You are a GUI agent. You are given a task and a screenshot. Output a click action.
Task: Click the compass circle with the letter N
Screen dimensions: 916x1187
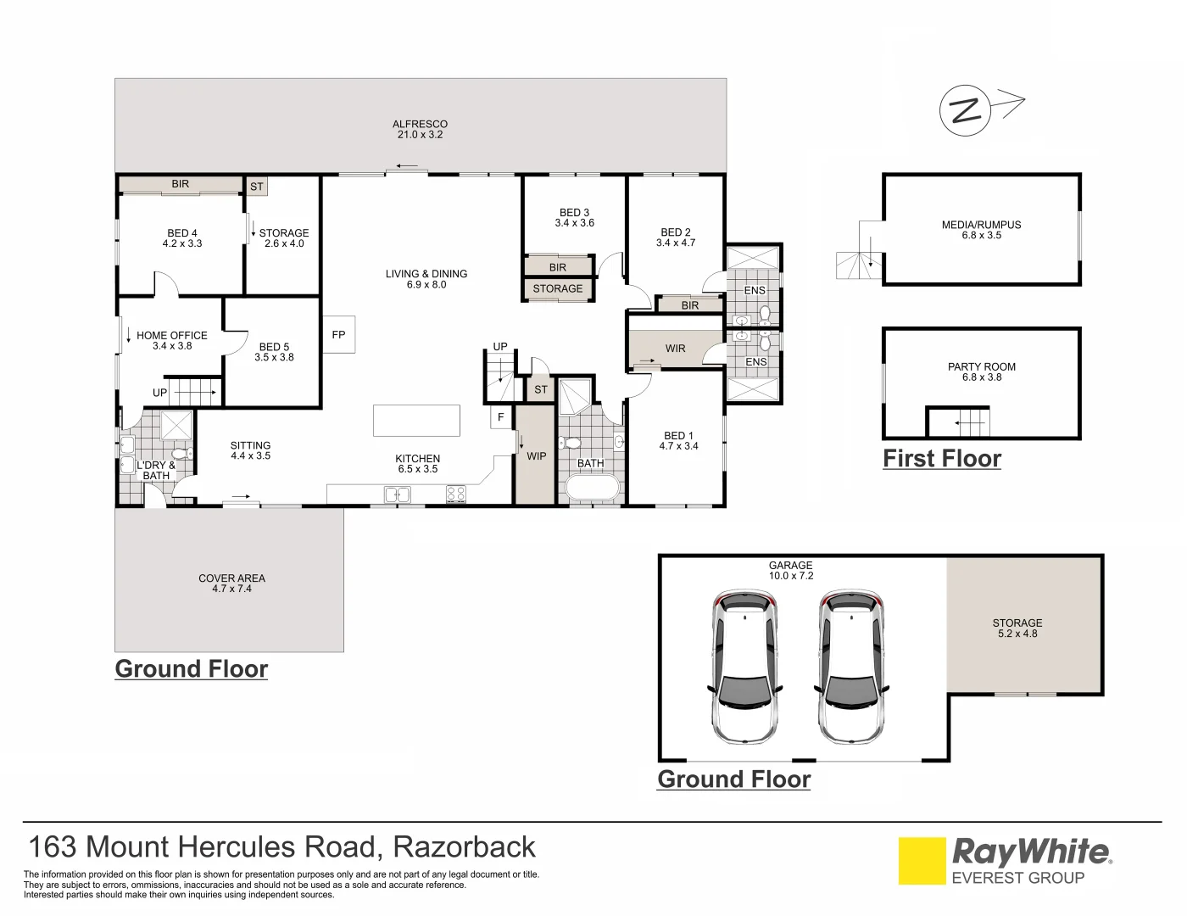(x=965, y=110)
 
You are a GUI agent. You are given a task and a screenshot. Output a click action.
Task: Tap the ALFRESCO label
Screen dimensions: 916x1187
(x=420, y=124)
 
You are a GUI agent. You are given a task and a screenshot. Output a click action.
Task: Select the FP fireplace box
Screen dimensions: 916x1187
(x=338, y=335)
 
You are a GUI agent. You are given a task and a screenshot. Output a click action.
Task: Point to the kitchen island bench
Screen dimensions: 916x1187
(x=416, y=421)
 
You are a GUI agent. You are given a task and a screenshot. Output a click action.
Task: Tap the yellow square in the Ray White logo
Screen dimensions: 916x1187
(x=922, y=861)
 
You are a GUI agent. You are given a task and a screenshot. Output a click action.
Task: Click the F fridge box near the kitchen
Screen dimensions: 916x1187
(x=501, y=417)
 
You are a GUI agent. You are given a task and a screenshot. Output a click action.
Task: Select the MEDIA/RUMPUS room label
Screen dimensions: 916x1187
(x=981, y=225)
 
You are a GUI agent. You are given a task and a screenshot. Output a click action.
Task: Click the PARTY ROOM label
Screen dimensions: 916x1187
(x=981, y=366)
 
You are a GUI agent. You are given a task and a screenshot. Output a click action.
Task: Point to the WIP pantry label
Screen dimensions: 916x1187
(x=537, y=456)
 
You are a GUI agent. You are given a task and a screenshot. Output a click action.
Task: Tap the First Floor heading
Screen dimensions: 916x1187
(x=942, y=459)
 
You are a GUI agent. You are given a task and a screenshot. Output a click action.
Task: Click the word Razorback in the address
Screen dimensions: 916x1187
(x=465, y=847)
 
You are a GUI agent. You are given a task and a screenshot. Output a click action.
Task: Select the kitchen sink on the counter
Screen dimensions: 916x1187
(x=397, y=494)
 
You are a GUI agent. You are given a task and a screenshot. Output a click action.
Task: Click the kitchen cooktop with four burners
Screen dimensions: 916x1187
(x=456, y=494)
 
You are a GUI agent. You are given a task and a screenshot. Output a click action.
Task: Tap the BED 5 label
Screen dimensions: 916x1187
(x=274, y=347)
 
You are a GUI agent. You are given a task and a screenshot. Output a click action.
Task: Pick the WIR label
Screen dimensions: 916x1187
(x=676, y=349)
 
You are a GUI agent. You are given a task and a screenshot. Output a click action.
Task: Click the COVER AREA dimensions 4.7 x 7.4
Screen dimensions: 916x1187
(x=231, y=589)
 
